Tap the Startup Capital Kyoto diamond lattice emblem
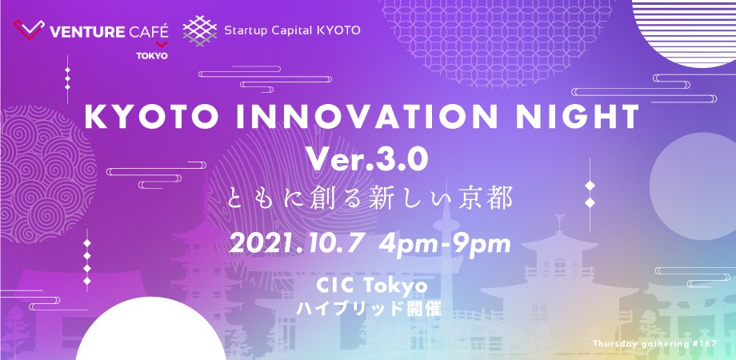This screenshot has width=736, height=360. (x=199, y=31)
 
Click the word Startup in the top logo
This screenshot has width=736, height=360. (x=245, y=31)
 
